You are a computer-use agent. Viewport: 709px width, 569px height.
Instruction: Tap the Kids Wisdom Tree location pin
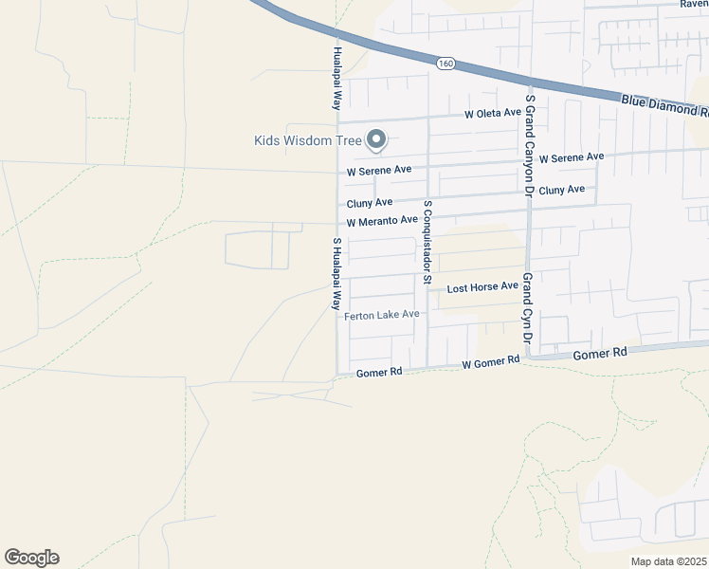coord(376,139)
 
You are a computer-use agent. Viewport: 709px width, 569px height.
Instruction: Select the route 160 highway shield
coord(445,64)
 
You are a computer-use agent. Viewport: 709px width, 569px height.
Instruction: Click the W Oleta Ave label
coord(492,113)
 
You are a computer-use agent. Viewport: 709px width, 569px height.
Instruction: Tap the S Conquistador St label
coord(427,243)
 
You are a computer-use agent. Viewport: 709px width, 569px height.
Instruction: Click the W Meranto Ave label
coord(382,221)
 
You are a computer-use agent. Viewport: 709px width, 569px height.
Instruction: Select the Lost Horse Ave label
coord(482,286)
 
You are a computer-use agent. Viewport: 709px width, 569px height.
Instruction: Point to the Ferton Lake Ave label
coord(382,315)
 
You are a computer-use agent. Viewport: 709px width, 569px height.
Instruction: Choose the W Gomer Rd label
coord(491,361)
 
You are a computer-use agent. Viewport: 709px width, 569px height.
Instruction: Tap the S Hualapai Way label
coord(336,274)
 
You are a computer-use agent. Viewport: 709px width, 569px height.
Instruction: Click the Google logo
coord(31,558)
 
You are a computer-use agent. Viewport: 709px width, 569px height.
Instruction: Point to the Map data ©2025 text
coord(668,561)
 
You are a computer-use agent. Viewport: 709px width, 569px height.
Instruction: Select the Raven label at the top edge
coord(694,4)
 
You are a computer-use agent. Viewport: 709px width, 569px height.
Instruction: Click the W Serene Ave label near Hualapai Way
coord(379,172)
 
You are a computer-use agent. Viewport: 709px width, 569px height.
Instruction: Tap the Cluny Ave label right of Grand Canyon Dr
coord(561,191)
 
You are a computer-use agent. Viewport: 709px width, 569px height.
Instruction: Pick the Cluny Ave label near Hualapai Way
coord(370,203)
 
